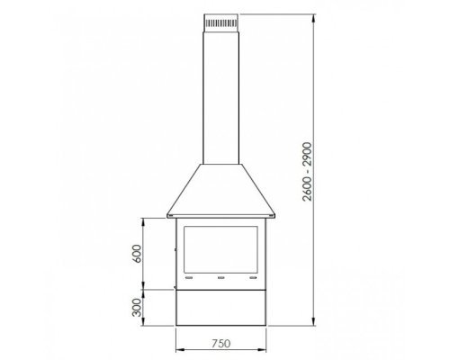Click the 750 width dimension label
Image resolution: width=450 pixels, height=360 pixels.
221,344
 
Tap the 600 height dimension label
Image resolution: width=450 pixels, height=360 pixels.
137,254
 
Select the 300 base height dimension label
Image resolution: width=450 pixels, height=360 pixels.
137,307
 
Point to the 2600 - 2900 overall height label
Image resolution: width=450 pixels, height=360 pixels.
308,172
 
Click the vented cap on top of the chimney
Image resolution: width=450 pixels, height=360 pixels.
221,22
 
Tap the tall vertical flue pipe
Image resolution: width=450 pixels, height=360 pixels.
221,98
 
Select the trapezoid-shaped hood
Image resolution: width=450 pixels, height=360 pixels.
221,191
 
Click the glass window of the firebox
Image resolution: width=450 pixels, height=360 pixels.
220,249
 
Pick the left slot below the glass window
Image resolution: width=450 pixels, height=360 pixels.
189,278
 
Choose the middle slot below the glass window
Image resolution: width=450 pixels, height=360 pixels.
221,278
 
